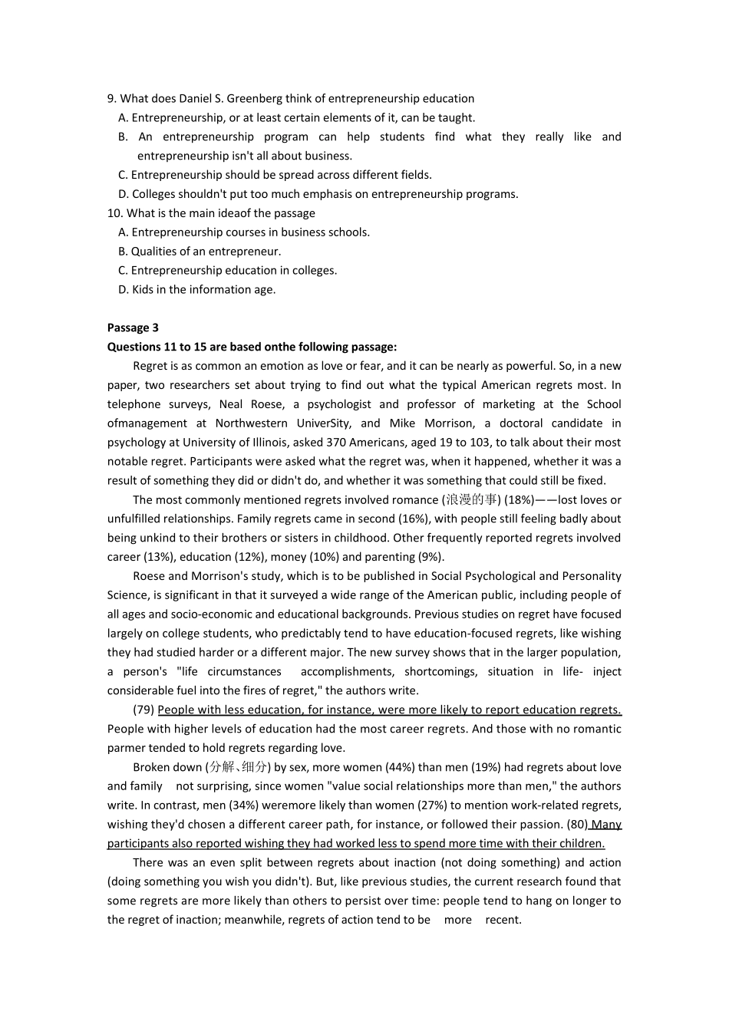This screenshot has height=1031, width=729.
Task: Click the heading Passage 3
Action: (133, 328)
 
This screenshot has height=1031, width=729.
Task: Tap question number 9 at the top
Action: (111, 98)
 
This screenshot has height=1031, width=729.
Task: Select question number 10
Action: (114, 213)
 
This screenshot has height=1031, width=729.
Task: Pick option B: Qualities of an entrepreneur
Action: (200, 251)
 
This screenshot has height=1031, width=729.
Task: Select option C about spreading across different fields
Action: (275, 175)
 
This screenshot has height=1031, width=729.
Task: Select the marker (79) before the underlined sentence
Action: (143, 710)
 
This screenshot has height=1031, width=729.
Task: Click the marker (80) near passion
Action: (576, 824)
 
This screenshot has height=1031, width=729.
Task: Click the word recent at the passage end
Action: (503, 920)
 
